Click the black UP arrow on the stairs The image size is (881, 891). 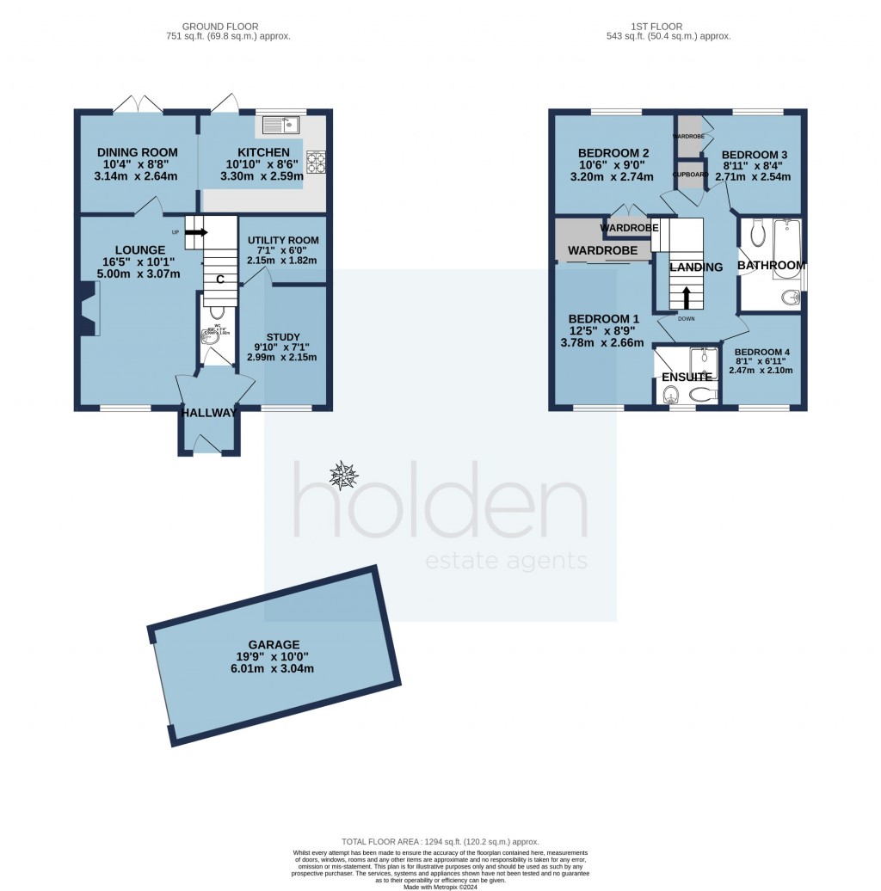pos(196,232)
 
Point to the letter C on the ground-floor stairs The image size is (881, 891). pos(220,280)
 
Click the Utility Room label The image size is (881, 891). pos(282,240)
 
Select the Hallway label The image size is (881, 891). pos(208,413)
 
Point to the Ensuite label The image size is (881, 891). pos(687,377)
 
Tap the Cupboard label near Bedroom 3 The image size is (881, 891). pos(690,175)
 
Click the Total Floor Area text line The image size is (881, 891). pos(440,841)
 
